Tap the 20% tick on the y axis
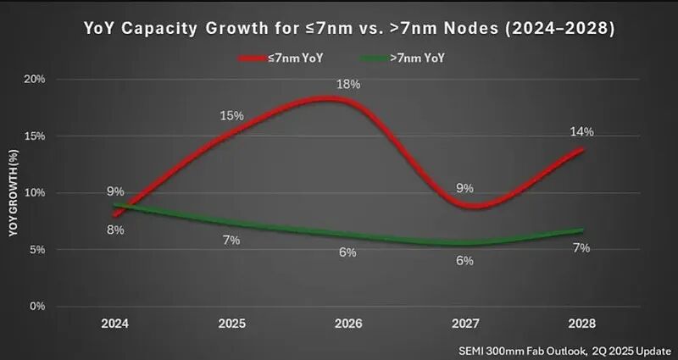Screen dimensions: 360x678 click(x=33, y=79)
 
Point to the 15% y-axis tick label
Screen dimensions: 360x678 click(x=33, y=136)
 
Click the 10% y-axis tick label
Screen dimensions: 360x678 click(x=33, y=192)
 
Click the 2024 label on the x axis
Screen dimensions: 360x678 click(x=115, y=324)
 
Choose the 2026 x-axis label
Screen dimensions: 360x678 click(x=348, y=324)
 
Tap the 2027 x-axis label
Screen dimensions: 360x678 click(x=464, y=324)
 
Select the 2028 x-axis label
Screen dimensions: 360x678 click(x=581, y=324)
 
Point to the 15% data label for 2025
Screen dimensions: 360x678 click(x=232, y=115)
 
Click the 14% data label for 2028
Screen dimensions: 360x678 click(x=581, y=131)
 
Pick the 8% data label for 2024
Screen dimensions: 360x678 click(x=115, y=230)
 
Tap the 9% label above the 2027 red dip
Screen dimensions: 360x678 click(x=464, y=188)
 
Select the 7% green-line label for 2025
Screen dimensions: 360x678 click(x=231, y=240)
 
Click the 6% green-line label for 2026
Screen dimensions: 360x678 click(x=348, y=252)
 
